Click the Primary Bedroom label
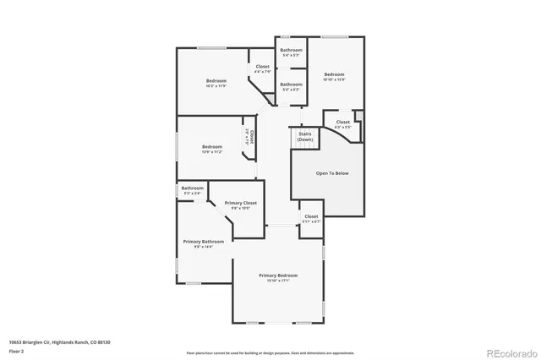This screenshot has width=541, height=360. [x=278, y=275]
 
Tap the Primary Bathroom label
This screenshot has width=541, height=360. [x=204, y=242]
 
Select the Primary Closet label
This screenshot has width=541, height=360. [x=240, y=203]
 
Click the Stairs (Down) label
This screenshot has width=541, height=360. [x=304, y=137]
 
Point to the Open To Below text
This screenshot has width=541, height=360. [x=332, y=173]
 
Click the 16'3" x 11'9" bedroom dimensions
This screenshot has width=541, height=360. [x=216, y=86]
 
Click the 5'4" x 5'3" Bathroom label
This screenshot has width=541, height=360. [x=292, y=51]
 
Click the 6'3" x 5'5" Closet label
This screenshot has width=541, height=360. [x=343, y=123]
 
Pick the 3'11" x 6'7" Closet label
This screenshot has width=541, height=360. [x=311, y=218]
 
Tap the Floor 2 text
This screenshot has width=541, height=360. [x=16, y=351]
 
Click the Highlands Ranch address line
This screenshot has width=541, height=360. [x=60, y=342]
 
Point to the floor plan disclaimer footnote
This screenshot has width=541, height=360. [x=270, y=352]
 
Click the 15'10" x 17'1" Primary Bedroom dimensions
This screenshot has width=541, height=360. [x=278, y=281]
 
